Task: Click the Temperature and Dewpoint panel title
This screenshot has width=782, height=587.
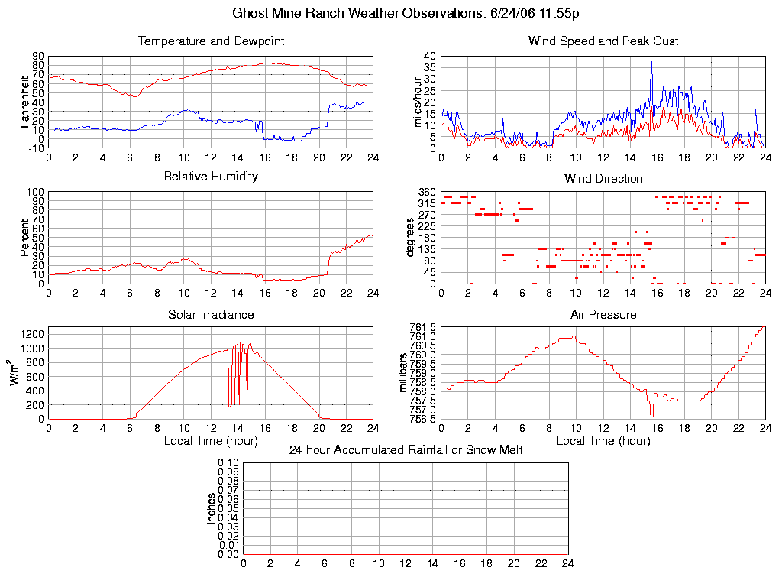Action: pos(211,41)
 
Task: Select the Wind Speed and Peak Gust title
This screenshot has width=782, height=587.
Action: pos(603,41)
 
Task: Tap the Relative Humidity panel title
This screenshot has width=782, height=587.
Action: pos(211,177)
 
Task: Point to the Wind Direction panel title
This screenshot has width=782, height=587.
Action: pos(603,178)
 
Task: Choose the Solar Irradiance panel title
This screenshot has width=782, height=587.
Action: pos(211,314)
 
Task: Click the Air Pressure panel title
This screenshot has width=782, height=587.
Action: pos(603,314)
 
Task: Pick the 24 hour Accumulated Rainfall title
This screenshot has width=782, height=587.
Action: pos(406,450)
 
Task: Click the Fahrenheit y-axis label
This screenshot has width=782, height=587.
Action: pos(25,102)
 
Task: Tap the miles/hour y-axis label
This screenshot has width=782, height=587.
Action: pos(418,102)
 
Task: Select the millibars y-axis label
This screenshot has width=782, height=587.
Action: pos(405,372)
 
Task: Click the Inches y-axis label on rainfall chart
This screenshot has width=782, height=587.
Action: pos(211,508)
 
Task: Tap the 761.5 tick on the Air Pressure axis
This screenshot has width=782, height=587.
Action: pos(422,328)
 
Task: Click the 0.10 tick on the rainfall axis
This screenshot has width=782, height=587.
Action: pos(228,462)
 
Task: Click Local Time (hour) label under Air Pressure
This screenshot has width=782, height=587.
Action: pos(603,440)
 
